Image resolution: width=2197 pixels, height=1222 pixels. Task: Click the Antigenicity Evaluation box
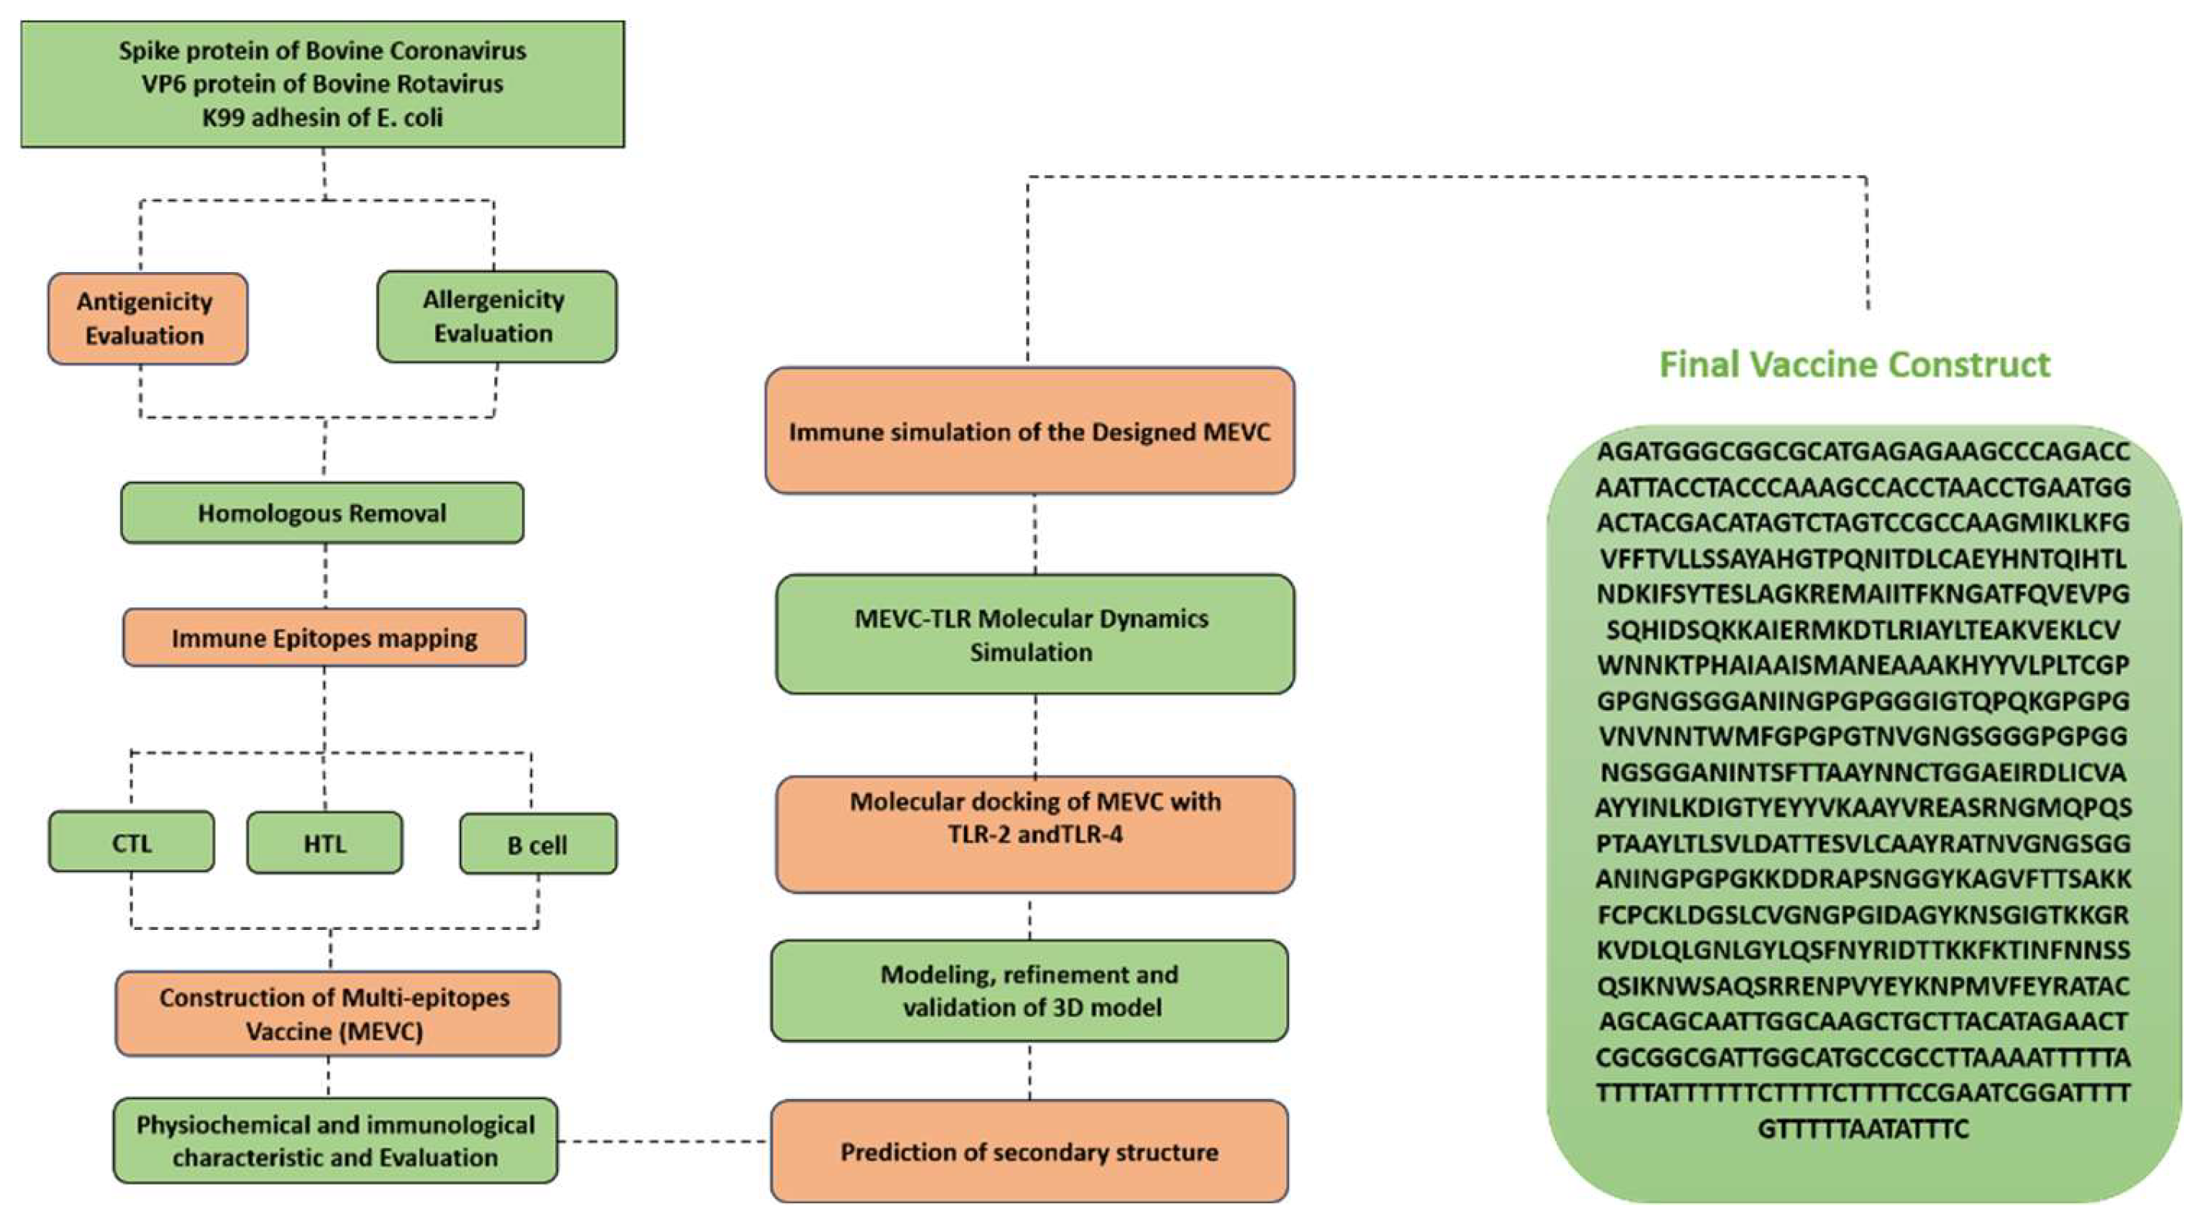(x=148, y=319)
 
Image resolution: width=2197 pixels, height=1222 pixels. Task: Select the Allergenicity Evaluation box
(x=497, y=317)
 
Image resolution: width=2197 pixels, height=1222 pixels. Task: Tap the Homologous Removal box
(x=322, y=513)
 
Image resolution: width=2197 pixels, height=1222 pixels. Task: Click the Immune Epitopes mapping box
(x=324, y=638)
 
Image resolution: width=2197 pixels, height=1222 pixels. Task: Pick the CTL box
(x=131, y=842)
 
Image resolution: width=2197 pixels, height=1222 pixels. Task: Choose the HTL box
(x=324, y=843)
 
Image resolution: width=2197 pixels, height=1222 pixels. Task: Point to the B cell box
(x=537, y=844)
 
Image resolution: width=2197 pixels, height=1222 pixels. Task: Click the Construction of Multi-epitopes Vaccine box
(x=337, y=1014)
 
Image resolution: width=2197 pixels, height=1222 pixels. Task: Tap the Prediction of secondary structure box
(x=1029, y=1151)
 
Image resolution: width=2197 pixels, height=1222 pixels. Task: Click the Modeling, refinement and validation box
(x=1029, y=990)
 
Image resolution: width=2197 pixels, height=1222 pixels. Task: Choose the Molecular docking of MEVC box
(x=1035, y=834)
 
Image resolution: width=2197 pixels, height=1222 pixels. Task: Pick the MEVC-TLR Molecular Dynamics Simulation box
(x=1035, y=635)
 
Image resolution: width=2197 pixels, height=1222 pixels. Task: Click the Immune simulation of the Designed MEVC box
(x=1029, y=430)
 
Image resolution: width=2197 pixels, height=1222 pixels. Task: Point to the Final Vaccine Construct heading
(x=1854, y=364)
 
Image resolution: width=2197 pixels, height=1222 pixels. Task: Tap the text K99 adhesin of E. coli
(x=322, y=117)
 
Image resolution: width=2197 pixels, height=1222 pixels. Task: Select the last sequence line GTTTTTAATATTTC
(x=1863, y=1129)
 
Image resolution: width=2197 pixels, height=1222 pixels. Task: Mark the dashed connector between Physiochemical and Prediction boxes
(x=664, y=1141)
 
